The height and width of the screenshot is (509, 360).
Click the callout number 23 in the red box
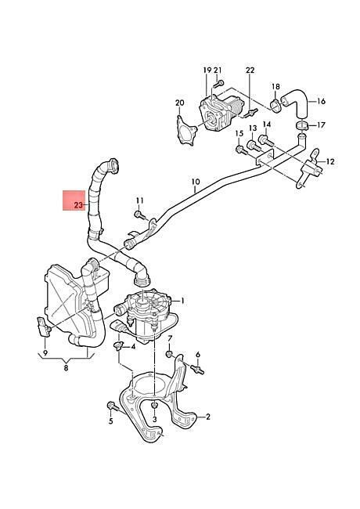(x=79, y=205)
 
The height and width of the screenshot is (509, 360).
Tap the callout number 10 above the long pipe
(x=196, y=182)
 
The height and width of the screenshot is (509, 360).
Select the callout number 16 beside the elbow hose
(x=321, y=101)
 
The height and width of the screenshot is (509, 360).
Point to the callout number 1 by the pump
(x=182, y=301)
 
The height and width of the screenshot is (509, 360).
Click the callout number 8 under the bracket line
(x=67, y=368)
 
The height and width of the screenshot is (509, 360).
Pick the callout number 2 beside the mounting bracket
(x=208, y=417)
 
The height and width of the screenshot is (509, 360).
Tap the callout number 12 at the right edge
(x=329, y=161)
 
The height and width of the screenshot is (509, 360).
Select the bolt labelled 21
(x=218, y=84)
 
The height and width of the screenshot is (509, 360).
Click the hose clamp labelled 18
(x=276, y=105)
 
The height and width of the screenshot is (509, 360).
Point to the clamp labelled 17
(x=301, y=126)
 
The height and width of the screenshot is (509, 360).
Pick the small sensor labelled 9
(x=44, y=327)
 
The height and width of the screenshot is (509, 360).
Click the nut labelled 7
(x=169, y=354)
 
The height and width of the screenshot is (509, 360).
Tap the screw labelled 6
(x=197, y=370)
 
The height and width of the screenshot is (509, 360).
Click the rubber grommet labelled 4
(x=119, y=345)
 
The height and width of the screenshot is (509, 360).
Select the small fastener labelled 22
(x=252, y=113)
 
